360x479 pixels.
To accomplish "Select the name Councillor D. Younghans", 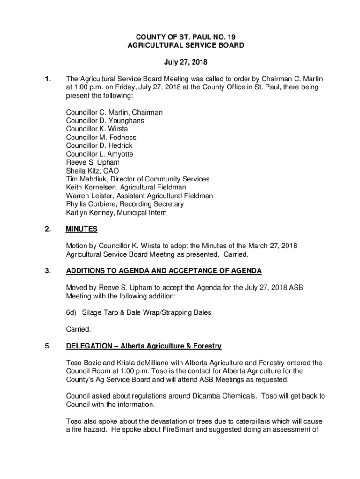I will [105, 121].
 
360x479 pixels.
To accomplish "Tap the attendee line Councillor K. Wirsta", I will [97, 129].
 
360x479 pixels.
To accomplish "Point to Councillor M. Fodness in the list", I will [101, 138].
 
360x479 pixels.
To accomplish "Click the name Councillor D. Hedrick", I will [99, 146].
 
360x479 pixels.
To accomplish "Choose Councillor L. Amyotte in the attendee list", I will [100, 154].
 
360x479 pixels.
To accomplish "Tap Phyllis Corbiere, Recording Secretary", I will [125, 204].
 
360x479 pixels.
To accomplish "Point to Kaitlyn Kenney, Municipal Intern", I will [116, 213].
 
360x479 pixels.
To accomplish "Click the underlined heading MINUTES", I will [82, 229].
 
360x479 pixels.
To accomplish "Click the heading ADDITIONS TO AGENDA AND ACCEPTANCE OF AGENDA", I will [164, 271].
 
